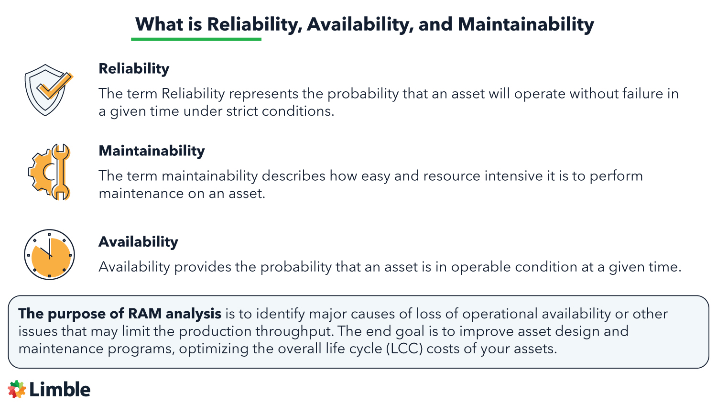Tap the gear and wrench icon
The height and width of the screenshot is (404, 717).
(50, 172)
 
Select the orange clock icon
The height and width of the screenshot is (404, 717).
(49, 254)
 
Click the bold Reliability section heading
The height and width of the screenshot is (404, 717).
(134, 69)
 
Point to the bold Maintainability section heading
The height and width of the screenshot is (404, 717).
(152, 151)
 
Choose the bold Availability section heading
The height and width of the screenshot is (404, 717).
(138, 242)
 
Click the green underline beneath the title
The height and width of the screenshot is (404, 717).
(196, 39)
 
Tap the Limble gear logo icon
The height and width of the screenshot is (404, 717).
(17, 389)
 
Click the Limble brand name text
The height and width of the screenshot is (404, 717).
(60, 390)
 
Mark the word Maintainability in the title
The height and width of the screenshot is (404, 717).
(526, 24)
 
